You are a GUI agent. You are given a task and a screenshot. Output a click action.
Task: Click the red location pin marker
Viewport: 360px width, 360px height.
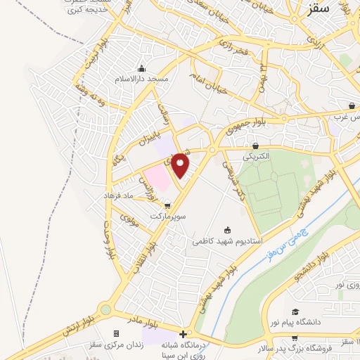[181, 165]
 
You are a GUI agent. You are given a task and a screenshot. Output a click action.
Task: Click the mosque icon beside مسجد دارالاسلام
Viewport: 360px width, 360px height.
[142, 69]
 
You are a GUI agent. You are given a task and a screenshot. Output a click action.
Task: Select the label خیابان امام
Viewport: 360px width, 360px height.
[209, 86]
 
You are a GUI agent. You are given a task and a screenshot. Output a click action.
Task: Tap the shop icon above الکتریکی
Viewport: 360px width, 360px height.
[255, 146]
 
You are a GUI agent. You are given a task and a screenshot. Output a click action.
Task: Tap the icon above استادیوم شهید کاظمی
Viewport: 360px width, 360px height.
[227, 230]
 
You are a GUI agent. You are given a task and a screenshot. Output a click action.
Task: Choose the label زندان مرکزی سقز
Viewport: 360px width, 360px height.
[115, 344]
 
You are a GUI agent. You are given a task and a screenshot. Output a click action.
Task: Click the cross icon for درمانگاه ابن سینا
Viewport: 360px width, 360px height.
[184, 334]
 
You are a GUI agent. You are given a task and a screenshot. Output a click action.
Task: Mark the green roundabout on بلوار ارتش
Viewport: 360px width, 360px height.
[105, 308]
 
